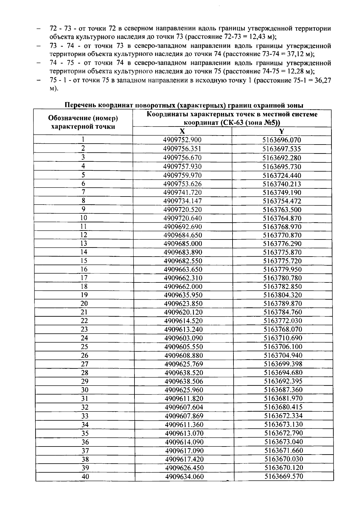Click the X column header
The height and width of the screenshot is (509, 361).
[x=182, y=131]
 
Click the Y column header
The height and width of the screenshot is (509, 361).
[x=282, y=131]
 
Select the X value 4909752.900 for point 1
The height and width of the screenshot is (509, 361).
[x=182, y=140]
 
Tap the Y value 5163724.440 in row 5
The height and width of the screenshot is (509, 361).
[x=282, y=175]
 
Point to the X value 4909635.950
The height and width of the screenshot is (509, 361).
[x=183, y=295]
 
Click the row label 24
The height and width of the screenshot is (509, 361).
[x=84, y=338]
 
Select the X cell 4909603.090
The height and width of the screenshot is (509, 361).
[x=184, y=338]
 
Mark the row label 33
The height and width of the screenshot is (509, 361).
[x=85, y=416]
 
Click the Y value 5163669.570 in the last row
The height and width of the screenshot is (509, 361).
[x=284, y=476]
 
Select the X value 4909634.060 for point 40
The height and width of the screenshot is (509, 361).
[x=184, y=477]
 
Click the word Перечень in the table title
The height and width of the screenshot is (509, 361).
[x=80, y=105]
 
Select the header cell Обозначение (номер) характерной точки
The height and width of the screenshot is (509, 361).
[x=83, y=122]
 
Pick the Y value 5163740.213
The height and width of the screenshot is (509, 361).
[x=282, y=184]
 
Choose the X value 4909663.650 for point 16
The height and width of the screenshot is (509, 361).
[x=183, y=269]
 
